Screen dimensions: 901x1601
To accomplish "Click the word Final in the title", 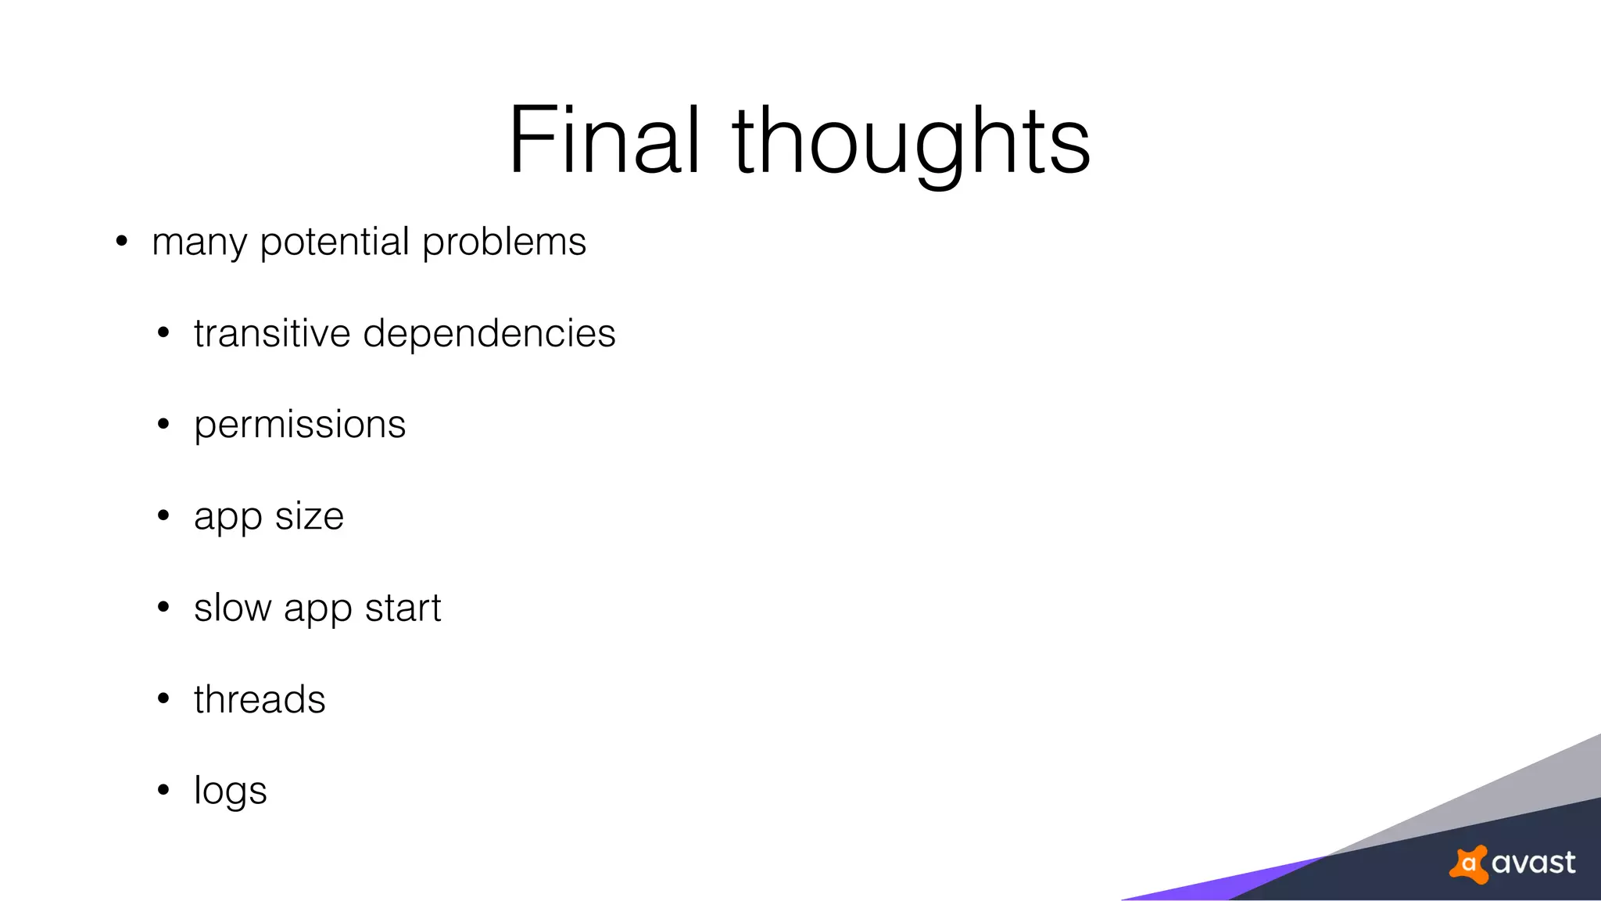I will point(604,141).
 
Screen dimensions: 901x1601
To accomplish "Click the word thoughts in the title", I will point(911,142).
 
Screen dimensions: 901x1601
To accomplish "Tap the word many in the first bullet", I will point(199,242).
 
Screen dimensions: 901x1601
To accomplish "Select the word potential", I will point(335,242).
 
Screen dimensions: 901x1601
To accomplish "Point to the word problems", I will point(504,242).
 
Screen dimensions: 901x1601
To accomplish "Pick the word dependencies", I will point(489,335).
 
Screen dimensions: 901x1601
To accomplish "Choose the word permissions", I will point(300,425).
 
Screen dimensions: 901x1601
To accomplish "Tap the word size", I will point(310,516).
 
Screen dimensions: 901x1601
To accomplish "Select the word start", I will point(403,608).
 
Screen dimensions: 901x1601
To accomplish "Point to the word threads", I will point(260,699).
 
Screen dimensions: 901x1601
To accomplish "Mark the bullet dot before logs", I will point(163,791).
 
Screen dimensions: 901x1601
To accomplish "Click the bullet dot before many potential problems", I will point(121,241).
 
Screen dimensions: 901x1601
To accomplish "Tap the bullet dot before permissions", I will point(163,425).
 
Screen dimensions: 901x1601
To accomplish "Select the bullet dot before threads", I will point(163,699).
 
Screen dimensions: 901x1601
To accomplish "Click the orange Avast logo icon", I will point(1469,864).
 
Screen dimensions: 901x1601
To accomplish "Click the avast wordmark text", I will point(1533,863).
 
